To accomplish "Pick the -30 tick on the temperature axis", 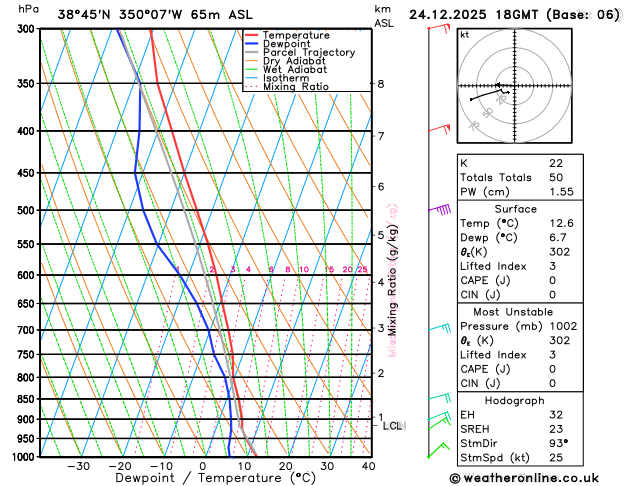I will coord(78,466).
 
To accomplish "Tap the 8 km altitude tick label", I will coord(380,84).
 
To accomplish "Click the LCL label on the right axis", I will coord(393,426).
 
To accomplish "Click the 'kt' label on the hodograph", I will coord(464,34).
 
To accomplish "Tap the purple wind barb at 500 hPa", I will coord(440,209).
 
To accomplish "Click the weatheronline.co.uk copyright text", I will coord(538,478).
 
